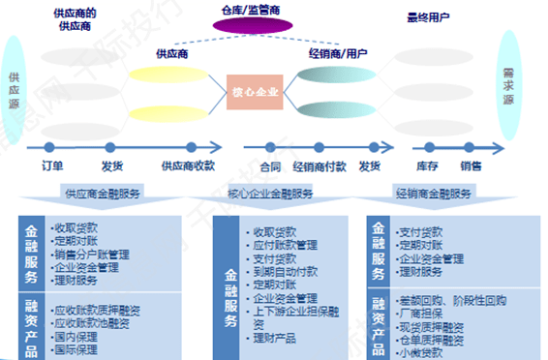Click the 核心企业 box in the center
click(x=254, y=93)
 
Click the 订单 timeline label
click(x=53, y=166)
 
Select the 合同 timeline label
click(x=270, y=166)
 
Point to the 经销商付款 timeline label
click(x=320, y=166)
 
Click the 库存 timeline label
click(x=428, y=166)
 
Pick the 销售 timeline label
click(x=472, y=166)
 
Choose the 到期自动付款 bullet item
click(x=286, y=273)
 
